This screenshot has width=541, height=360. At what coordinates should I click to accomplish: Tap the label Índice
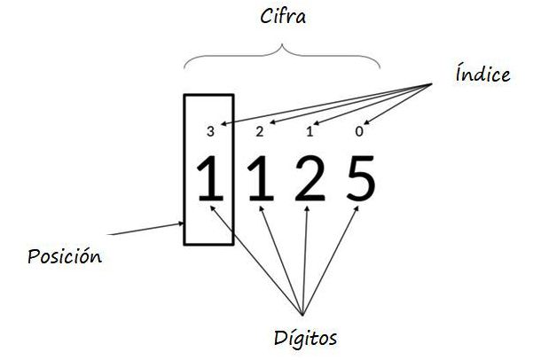tap(482, 74)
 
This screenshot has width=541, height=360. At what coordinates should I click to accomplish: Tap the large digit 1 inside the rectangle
tap(209, 179)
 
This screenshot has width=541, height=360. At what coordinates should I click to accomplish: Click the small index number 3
tap(209, 132)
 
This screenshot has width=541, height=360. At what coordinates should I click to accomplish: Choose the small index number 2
tap(259, 132)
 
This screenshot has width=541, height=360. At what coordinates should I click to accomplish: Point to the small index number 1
tap(310, 132)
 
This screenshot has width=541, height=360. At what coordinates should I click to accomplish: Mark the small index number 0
tap(359, 132)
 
